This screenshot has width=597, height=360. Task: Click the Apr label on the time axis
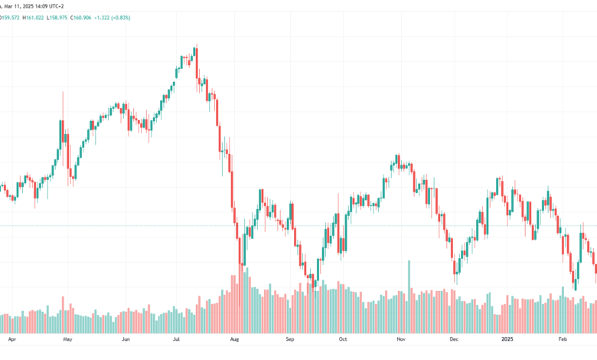click(x=12, y=339)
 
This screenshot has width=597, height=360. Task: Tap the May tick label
click(x=67, y=339)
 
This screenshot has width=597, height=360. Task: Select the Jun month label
click(x=126, y=339)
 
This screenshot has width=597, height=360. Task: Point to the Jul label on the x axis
click(x=176, y=339)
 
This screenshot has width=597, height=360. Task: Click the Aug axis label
click(x=234, y=339)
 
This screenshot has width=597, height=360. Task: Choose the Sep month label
click(x=290, y=339)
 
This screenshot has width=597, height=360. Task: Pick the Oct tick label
click(x=343, y=339)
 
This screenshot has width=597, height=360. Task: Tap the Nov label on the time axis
click(x=401, y=339)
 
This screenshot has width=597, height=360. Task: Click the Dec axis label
click(x=454, y=339)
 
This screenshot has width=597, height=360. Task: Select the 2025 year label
click(x=507, y=339)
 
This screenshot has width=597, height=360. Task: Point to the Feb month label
click(x=563, y=339)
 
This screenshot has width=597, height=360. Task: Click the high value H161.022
click(x=33, y=18)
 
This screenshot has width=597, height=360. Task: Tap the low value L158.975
click(x=57, y=18)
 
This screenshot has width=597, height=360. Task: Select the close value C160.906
click(x=80, y=18)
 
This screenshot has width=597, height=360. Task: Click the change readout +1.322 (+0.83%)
click(x=113, y=18)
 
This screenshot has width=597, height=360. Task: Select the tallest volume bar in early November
click(x=409, y=296)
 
